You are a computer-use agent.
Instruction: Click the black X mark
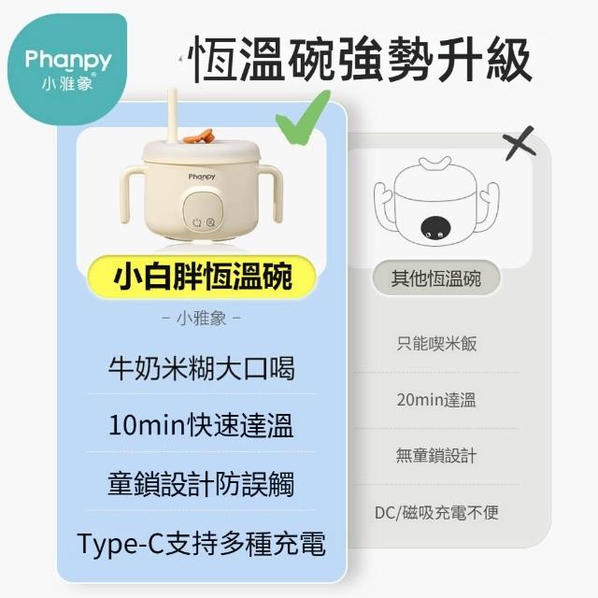[x=520, y=143]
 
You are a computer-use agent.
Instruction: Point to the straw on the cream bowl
[x=174, y=117]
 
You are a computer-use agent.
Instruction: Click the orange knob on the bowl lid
[x=197, y=136]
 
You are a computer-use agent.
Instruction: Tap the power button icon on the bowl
[x=197, y=222]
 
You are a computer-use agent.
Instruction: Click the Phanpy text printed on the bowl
[x=202, y=177]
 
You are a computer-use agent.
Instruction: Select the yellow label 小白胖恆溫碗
[x=202, y=277]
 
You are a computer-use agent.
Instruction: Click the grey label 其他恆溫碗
[x=436, y=278]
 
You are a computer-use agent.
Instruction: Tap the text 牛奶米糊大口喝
[x=202, y=369]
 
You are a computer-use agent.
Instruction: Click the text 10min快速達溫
[x=201, y=425]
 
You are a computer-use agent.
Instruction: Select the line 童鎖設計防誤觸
[x=201, y=484]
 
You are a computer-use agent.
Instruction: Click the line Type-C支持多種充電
[x=201, y=543]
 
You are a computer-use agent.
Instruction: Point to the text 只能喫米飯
[x=436, y=344]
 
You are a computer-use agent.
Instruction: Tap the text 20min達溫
[x=436, y=400]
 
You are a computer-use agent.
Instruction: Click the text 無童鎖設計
[x=436, y=455]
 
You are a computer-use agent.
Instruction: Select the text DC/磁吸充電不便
[x=436, y=513]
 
